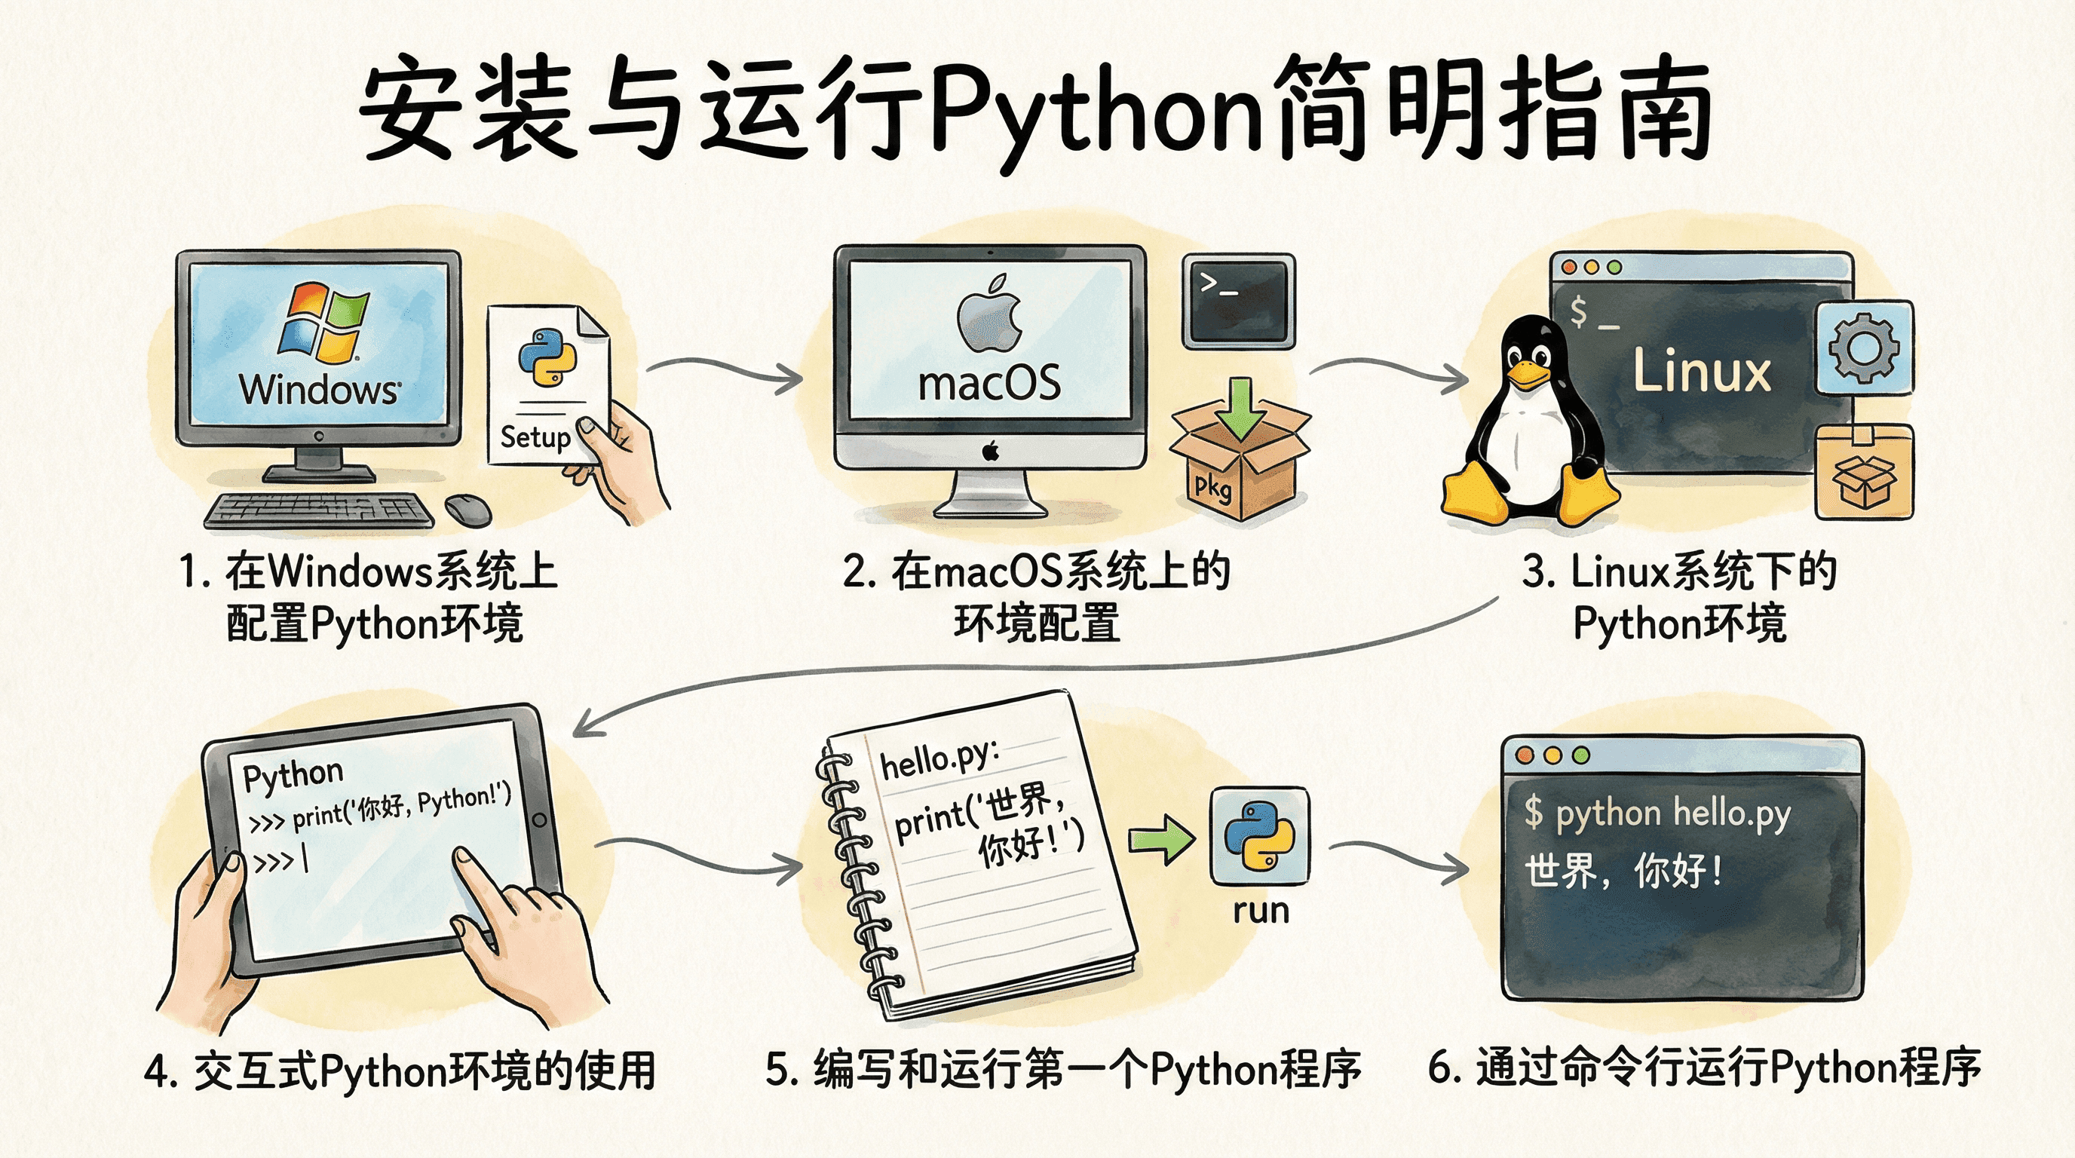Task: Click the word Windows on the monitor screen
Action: tap(319, 389)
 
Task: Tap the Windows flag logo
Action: tap(322, 320)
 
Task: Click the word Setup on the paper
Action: tap(535, 437)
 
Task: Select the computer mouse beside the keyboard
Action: tap(468, 510)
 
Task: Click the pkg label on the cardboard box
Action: tap(1212, 486)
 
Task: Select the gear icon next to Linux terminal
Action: tap(1864, 348)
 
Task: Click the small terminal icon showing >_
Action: tap(1239, 301)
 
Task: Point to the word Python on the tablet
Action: tap(293, 775)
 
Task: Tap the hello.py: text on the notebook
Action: tap(939, 759)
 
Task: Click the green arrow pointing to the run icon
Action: tap(1162, 840)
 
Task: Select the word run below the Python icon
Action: tap(1261, 911)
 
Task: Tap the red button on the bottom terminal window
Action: tap(1524, 755)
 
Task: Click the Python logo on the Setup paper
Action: tap(547, 357)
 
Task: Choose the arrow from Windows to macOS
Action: tap(724, 370)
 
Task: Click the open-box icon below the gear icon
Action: tap(1864, 473)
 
